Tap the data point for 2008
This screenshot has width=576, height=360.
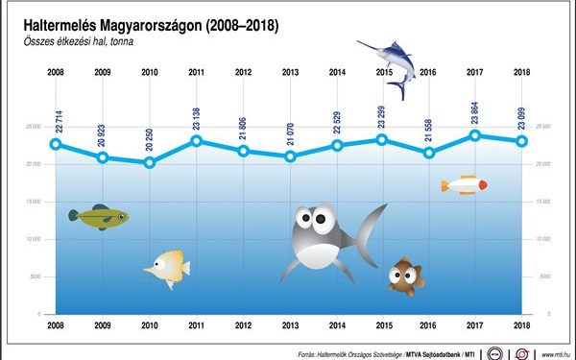pos(56,144)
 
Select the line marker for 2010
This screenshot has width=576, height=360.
pos(149,162)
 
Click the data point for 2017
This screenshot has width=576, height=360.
pos(475,135)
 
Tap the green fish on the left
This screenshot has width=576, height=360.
pos(98,217)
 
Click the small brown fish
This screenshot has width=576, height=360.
pos(404,276)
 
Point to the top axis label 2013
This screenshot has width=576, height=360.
pos(289,72)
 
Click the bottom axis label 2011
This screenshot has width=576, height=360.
pos(196,326)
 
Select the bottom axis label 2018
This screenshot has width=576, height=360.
pos(521,326)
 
